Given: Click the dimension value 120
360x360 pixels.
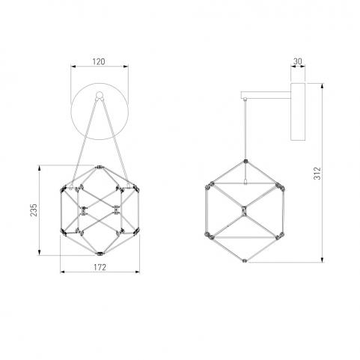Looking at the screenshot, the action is (99, 61).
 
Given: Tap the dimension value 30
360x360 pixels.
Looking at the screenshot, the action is (298, 61).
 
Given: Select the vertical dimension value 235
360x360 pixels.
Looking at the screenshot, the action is (34, 210).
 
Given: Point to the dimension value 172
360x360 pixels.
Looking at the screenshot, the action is (100, 267).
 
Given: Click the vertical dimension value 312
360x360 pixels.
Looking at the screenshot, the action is (317, 173).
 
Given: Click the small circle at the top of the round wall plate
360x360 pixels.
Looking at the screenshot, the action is (100, 95).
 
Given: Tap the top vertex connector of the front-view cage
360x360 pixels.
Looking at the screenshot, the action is (100, 167).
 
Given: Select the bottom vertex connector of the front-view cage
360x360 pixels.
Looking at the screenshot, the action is (100, 254).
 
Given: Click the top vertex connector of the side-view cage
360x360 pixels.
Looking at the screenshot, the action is (245, 161).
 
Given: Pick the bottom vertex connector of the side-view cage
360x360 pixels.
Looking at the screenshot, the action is (245, 260).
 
